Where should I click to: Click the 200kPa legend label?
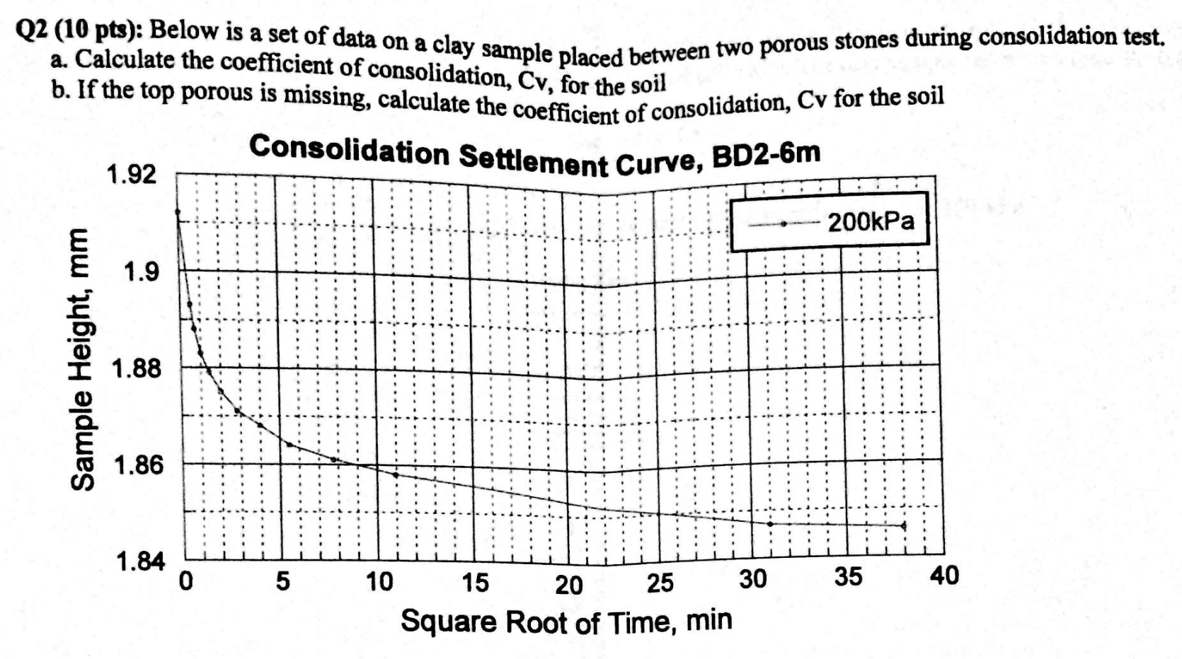point(871,222)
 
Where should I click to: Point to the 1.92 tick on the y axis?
point(131,174)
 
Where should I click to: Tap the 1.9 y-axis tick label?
point(141,271)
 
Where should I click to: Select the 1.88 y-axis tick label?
point(137,368)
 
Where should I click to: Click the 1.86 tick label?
point(138,465)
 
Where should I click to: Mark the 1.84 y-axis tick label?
point(140,562)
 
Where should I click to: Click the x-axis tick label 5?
point(282,581)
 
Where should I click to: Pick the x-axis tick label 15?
point(475,583)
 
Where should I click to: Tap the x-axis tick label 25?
point(660,583)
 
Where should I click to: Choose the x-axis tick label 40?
point(944,576)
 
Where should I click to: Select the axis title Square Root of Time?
point(566,622)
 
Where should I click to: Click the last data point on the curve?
point(904,525)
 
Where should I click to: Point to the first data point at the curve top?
point(178,211)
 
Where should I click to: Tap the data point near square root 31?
point(770,524)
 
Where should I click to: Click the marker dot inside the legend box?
point(784,224)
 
